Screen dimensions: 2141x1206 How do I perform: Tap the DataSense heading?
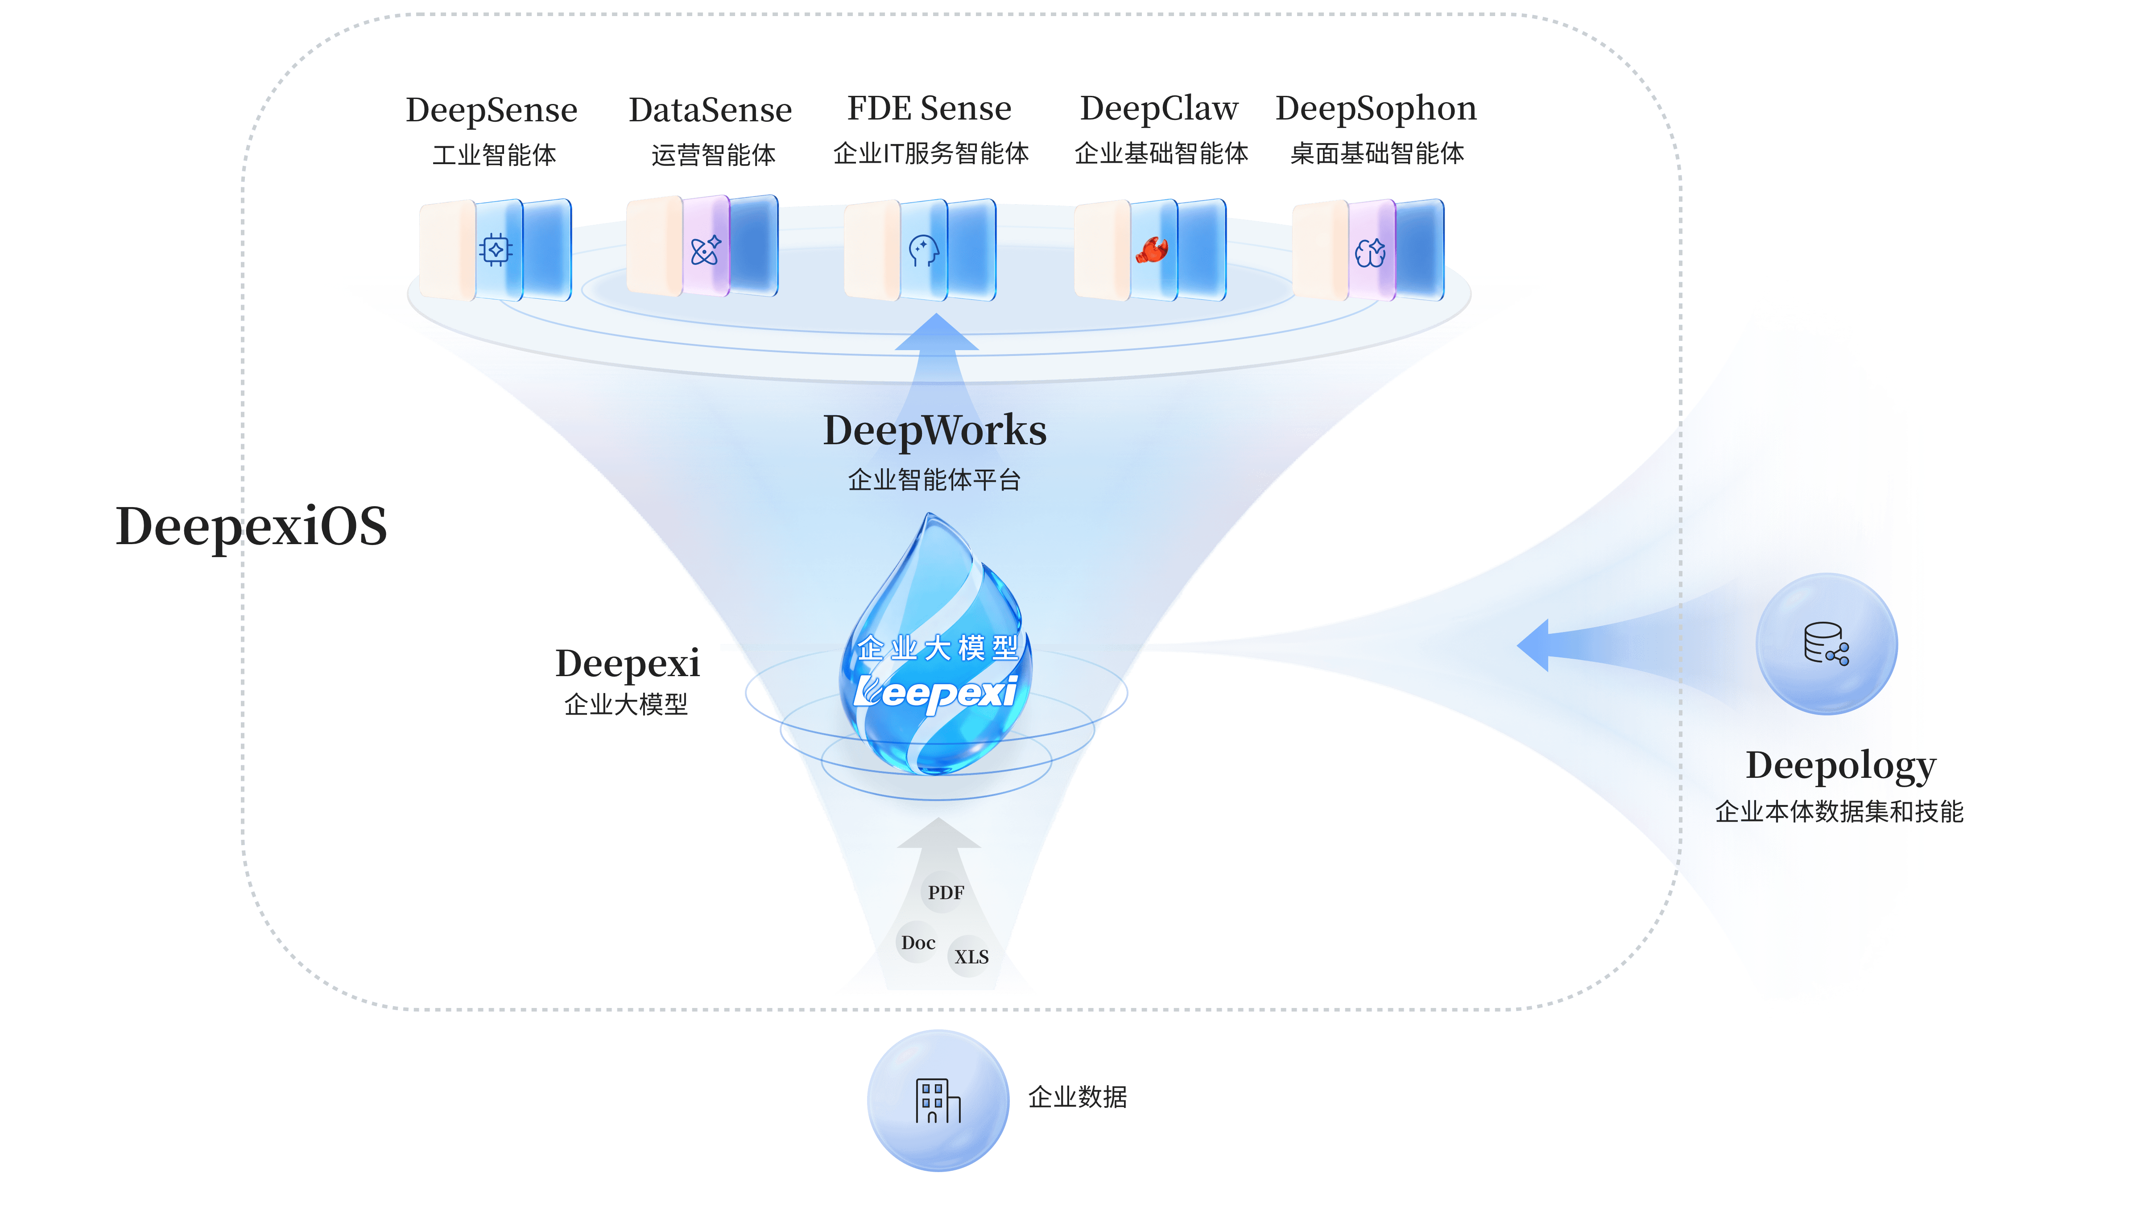click(x=711, y=110)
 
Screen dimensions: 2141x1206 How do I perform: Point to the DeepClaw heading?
click(x=1159, y=109)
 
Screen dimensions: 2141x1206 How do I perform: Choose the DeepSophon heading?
click(x=1376, y=109)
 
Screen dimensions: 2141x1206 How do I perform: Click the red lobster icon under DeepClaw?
click(x=1152, y=249)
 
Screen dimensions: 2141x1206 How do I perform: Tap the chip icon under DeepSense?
click(x=496, y=249)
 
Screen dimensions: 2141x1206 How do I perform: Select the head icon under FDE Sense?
click(x=923, y=250)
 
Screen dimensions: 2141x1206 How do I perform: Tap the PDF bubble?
click(x=946, y=892)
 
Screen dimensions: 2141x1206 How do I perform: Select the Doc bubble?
click(x=918, y=942)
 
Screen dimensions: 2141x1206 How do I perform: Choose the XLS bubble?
click(x=971, y=957)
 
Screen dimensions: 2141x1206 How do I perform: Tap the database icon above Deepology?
click(x=1826, y=644)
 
